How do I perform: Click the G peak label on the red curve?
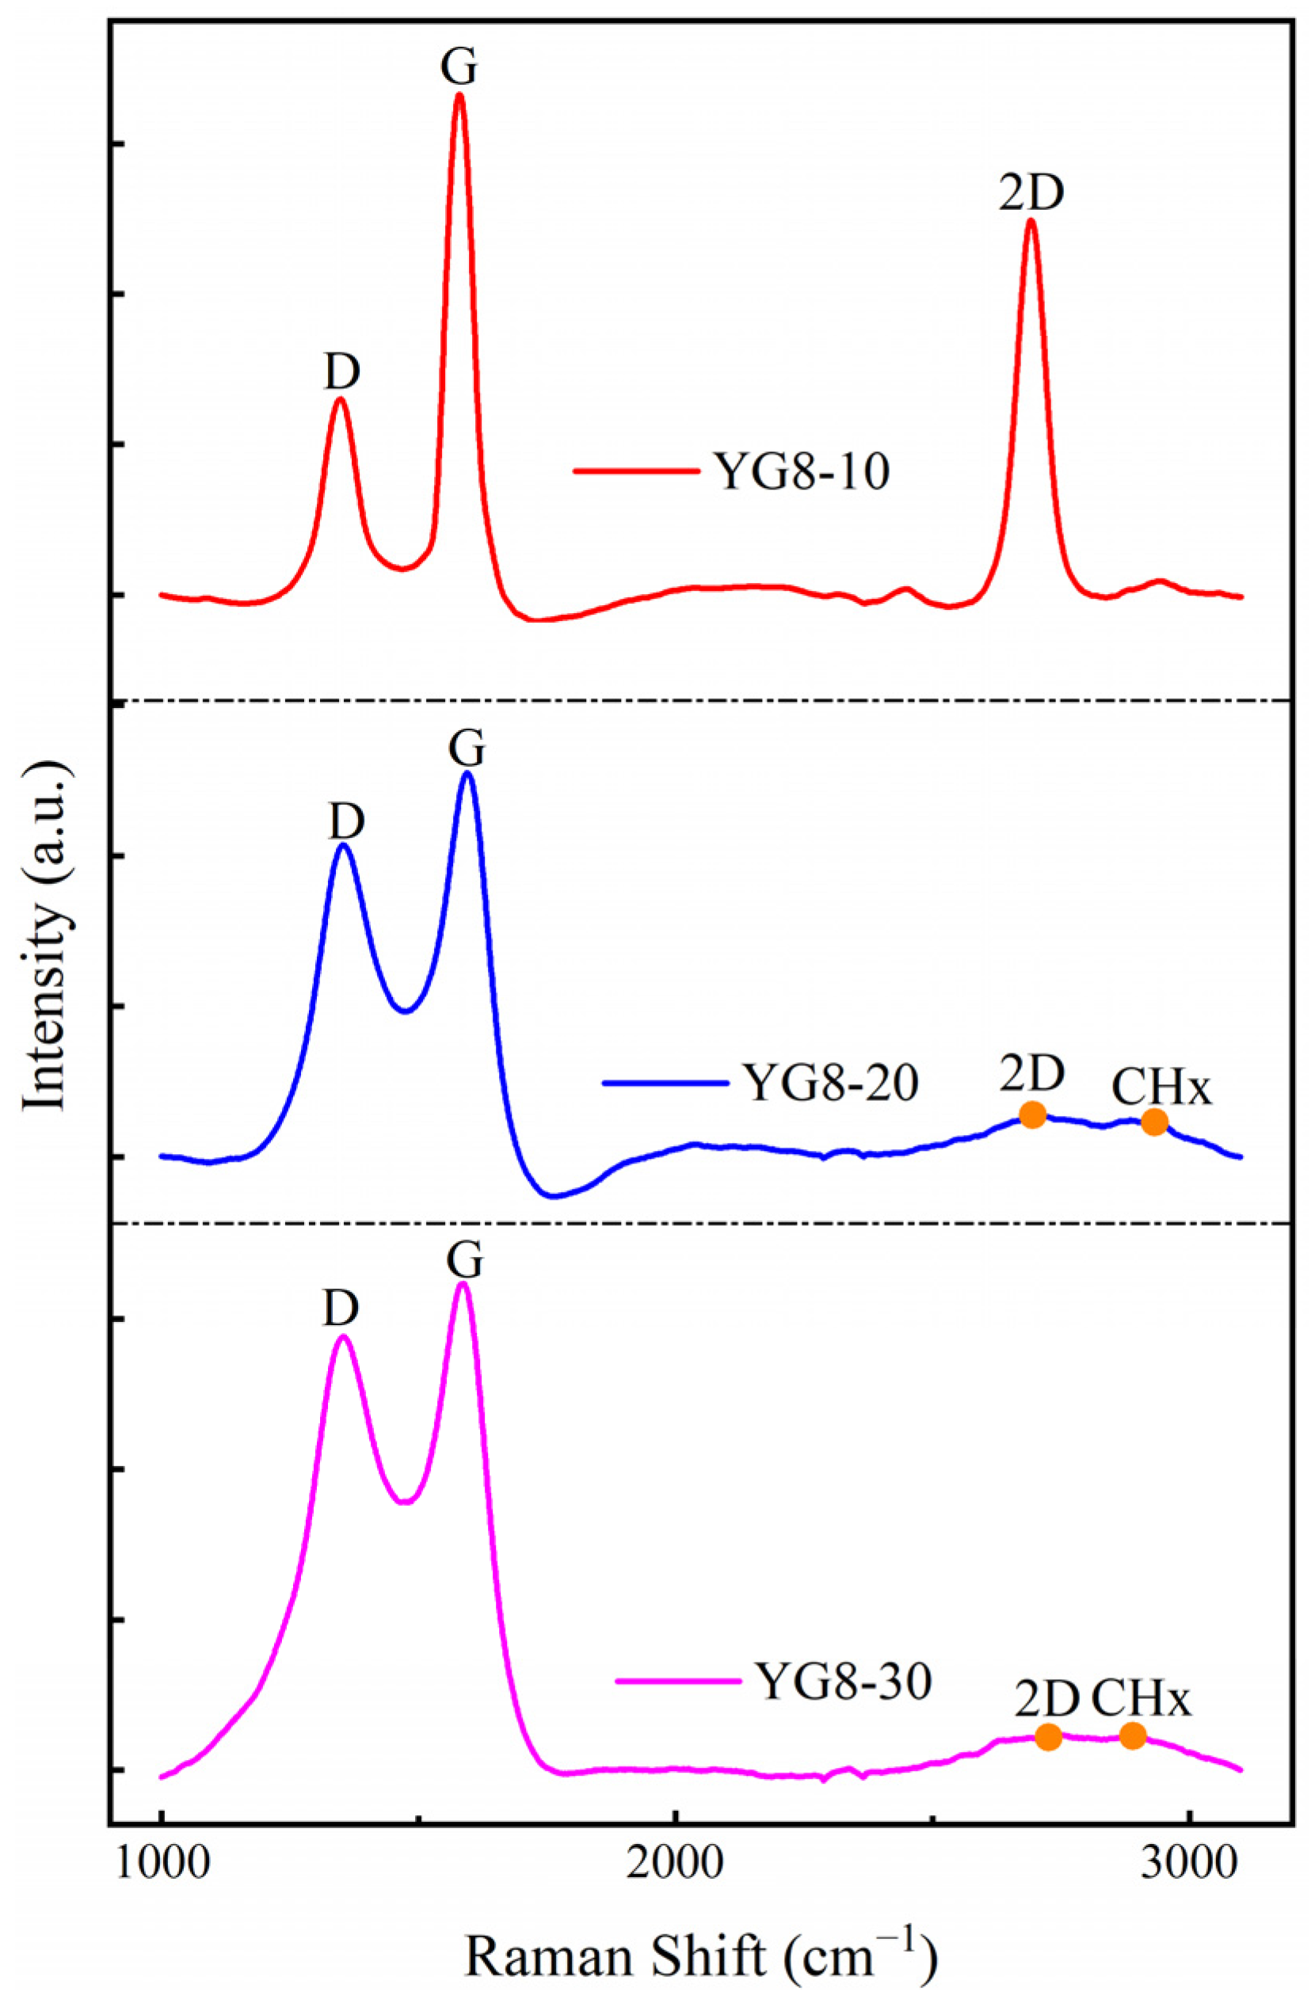459,68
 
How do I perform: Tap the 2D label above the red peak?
1031,194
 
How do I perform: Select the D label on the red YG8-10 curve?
342,371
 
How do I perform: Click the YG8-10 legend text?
802,471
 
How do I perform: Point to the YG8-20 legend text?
831,1083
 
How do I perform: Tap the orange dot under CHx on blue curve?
1154,1122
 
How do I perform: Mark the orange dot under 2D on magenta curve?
1049,1737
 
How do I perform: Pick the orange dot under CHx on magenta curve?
1132,1736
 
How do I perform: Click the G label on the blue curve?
467,749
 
